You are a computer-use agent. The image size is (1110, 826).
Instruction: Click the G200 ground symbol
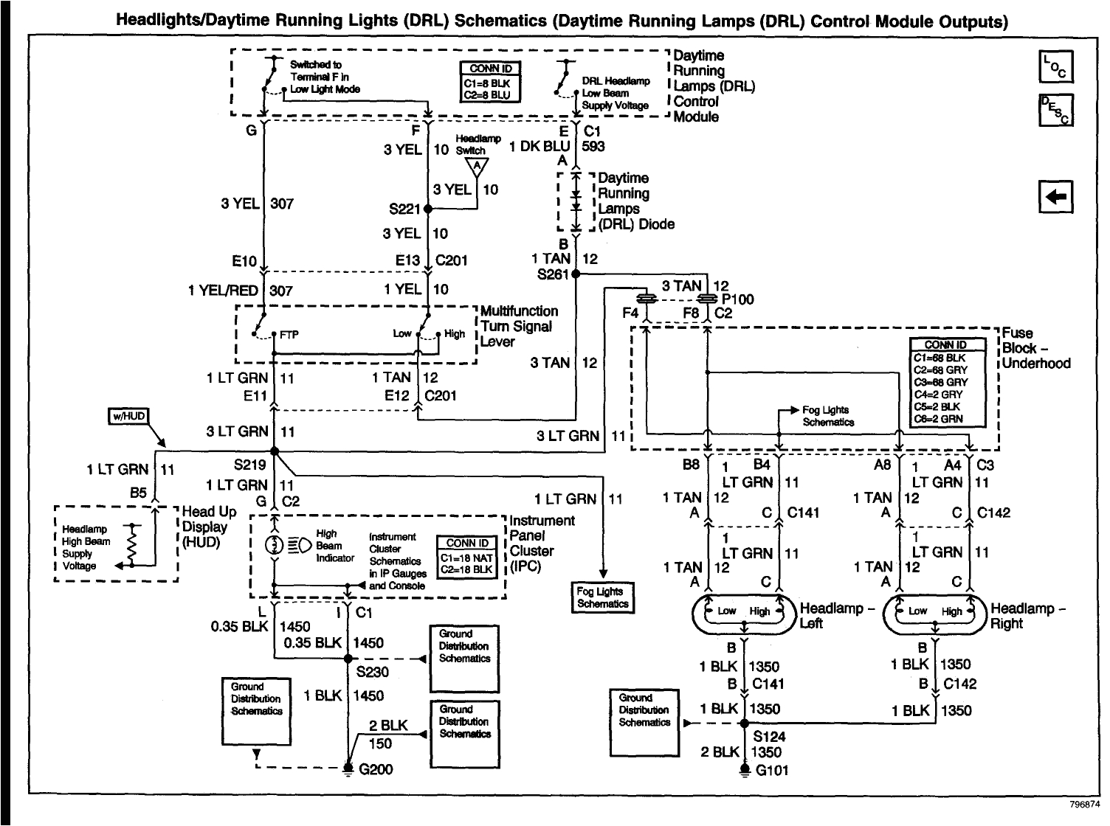pos(348,769)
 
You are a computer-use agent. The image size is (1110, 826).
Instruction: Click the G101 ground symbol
pos(744,770)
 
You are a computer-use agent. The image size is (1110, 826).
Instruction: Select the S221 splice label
pos(404,209)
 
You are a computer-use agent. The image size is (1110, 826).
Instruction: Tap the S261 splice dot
pos(576,274)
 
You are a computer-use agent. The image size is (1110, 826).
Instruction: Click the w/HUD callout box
pos(128,417)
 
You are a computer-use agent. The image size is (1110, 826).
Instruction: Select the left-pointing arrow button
pos(1055,196)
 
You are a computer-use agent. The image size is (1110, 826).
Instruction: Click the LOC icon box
pos(1055,68)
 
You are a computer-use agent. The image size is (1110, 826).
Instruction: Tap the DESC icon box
pos(1055,111)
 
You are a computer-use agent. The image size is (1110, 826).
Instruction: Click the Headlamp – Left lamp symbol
pos(745,611)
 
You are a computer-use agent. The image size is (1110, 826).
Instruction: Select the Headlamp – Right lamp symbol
pos(935,611)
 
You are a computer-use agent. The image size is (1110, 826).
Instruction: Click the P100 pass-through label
pos(738,299)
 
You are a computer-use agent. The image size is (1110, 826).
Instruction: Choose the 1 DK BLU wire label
pos(540,146)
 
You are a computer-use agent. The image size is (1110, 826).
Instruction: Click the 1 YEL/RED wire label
pos(223,291)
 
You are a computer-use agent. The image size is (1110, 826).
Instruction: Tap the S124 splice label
pos(769,736)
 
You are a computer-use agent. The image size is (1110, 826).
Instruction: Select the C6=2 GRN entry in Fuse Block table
pos(947,418)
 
